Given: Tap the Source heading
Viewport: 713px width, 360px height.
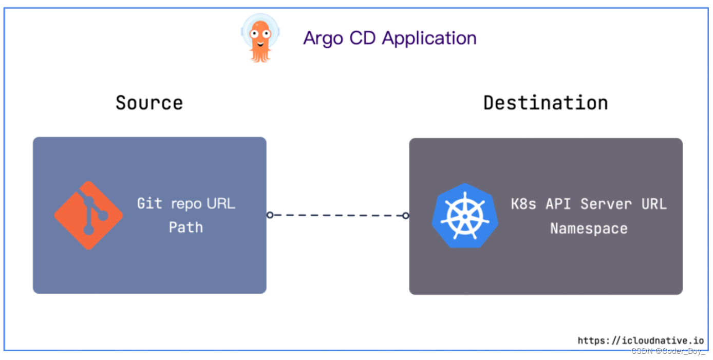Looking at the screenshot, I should coord(149,103).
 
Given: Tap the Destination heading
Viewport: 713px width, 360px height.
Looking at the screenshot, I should coord(546,103).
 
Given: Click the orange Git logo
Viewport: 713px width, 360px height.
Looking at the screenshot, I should coord(88,215).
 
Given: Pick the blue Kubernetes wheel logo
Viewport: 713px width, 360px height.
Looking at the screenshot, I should coord(464,216).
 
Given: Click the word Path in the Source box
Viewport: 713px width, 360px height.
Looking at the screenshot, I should coord(185,227).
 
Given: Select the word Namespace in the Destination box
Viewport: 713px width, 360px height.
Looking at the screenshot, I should coord(589,228).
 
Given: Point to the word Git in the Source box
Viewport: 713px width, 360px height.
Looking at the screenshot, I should coord(149,203).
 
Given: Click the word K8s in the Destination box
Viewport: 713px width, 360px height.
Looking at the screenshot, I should coord(523,204).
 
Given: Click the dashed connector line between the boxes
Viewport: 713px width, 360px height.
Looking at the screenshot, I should coord(337,215).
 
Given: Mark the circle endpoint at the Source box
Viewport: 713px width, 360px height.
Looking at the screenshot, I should coord(270,215).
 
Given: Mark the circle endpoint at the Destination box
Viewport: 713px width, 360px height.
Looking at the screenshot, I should coord(405,216).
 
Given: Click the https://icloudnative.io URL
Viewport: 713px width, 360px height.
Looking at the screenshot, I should coord(640,340).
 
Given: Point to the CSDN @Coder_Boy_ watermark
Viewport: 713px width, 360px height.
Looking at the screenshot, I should coord(668,351).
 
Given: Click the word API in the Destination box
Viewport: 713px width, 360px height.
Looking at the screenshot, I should coord(558,204).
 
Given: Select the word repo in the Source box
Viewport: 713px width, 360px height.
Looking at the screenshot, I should coord(186,203).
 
